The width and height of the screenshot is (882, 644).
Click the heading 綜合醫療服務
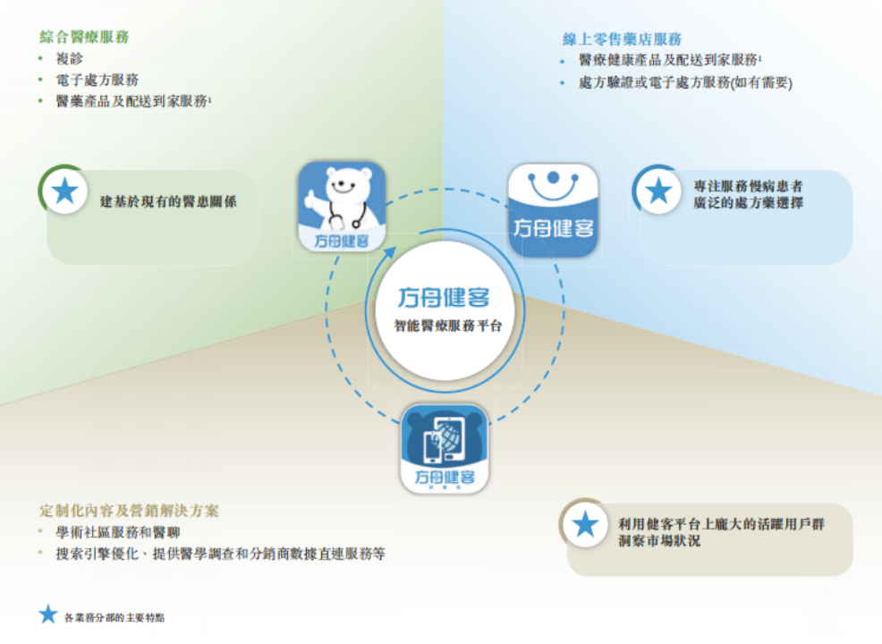[84, 37]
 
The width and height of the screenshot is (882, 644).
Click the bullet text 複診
[69, 58]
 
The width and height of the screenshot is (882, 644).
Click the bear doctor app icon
[342, 207]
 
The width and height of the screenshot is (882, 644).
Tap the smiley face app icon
[553, 208]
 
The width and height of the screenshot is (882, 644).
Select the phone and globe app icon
[445, 448]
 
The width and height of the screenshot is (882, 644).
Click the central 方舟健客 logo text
[444, 297]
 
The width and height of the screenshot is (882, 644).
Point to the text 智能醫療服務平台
[444, 326]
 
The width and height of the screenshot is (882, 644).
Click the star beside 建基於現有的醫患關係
[64, 191]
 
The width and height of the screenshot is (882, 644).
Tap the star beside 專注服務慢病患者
[659, 191]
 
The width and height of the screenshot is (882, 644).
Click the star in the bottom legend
[48, 615]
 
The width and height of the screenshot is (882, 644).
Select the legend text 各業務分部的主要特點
[114, 617]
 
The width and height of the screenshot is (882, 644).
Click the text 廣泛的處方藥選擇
[748, 203]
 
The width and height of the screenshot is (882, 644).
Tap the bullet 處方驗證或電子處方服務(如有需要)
[685, 82]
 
